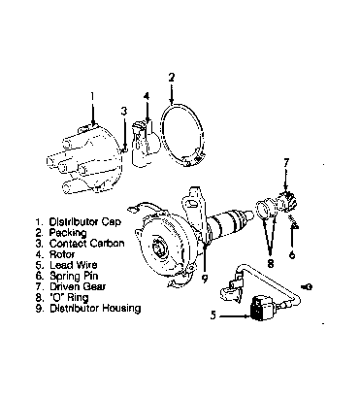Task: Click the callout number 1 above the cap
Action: click(92, 96)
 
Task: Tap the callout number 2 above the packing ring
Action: click(172, 77)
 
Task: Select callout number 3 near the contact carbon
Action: click(124, 111)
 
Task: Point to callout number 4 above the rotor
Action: click(147, 96)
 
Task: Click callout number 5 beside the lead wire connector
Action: click(213, 314)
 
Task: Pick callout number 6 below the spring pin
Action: click(292, 255)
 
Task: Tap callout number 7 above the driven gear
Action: click(286, 162)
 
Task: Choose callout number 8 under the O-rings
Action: click(271, 263)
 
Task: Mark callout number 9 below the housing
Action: click(205, 278)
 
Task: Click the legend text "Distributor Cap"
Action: click(85, 222)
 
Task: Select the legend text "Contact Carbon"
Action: click(86, 244)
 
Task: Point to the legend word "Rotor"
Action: click(62, 254)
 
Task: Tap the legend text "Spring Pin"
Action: click(74, 276)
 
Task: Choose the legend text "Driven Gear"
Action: click(78, 286)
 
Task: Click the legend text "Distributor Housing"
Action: click(95, 308)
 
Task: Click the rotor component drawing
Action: click(145, 145)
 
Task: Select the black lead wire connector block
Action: click(259, 310)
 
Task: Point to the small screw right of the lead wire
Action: click(307, 286)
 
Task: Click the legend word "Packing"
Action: click(68, 233)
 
